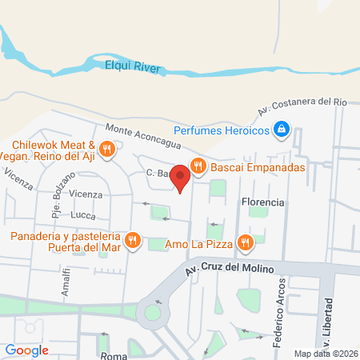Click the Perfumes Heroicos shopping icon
(x=281, y=128)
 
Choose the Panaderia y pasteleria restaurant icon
(x=134, y=241)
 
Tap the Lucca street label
(x=83, y=215)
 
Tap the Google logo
(x=26, y=350)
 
